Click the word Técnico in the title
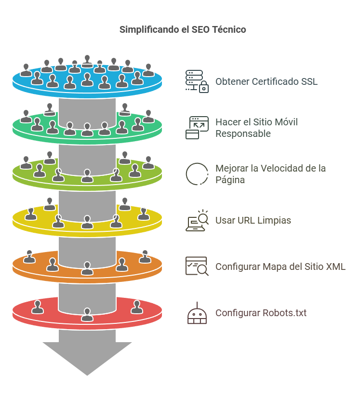tap(230, 30)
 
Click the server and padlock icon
tap(197, 81)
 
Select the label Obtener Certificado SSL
tap(267, 81)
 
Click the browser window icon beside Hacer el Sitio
tap(197, 128)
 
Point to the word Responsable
tap(243, 133)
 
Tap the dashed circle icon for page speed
tap(197, 174)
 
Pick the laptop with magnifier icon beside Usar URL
tap(197, 220)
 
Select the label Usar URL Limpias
tap(253, 221)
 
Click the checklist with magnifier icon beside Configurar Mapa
tap(197, 266)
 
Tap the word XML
tap(335, 267)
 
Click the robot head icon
tap(197, 313)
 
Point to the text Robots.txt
tap(284, 313)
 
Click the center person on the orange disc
tap(87, 268)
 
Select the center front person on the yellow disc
tap(87, 222)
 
